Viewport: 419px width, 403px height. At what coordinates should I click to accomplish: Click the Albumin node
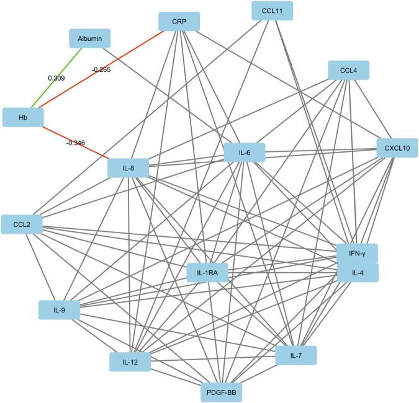click(x=89, y=39)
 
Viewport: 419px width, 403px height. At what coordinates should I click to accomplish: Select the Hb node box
click(x=22, y=117)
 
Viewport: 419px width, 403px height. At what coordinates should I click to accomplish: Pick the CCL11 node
click(x=273, y=11)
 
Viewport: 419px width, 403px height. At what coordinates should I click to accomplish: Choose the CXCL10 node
click(x=397, y=148)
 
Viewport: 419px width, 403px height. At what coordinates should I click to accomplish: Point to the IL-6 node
click(x=245, y=153)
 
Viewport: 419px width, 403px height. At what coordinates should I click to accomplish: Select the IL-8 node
click(x=128, y=168)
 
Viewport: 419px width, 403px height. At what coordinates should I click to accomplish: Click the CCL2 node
click(x=22, y=224)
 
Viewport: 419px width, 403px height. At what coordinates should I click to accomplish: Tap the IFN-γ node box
click(x=357, y=254)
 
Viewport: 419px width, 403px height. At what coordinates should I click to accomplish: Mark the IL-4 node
click(x=357, y=272)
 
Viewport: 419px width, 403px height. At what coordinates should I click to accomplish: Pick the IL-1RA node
click(x=207, y=272)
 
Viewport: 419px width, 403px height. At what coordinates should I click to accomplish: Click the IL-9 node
click(x=59, y=309)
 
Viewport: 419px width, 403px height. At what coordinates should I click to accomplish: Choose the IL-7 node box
click(x=296, y=355)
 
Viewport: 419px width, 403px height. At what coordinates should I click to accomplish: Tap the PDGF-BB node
click(x=222, y=392)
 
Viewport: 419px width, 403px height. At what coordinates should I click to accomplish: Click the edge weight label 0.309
click(x=56, y=78)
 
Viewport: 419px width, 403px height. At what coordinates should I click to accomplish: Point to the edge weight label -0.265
click(x=101, y=70)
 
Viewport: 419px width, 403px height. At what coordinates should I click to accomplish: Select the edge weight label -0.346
click(x=75, y=143)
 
